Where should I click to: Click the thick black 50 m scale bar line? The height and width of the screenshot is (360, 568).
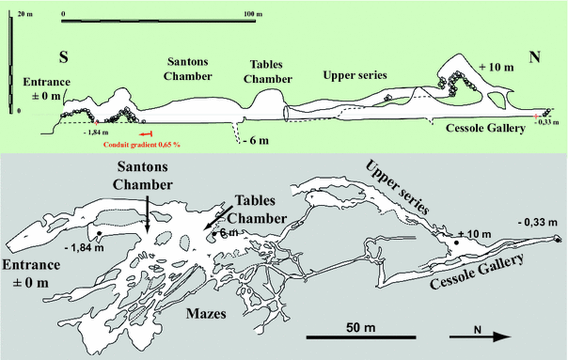tap(342, 336)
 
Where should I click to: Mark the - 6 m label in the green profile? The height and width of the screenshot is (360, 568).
tap(254, 141)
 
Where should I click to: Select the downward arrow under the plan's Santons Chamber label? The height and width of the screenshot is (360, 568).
tap(148, 218)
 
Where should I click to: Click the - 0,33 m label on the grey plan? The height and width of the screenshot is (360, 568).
tap(537, 222)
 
